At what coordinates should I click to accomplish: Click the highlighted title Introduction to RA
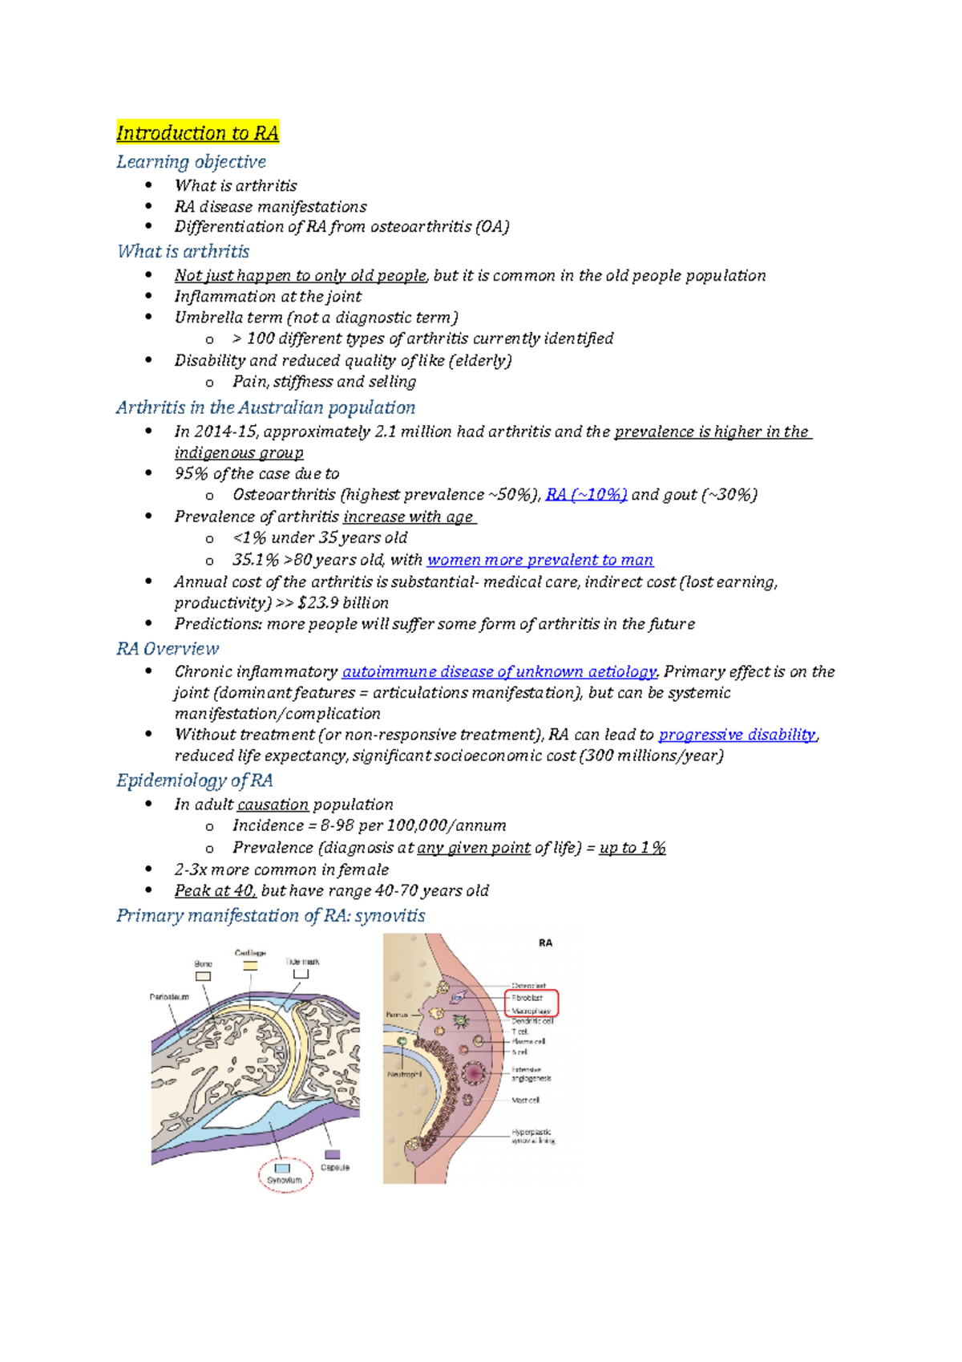[x=197, y=133]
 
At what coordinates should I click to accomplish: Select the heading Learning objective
[x=191, y=162]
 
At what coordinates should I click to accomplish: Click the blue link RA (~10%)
[x=586, y=495]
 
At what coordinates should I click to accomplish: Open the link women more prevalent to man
[x=540, y=560]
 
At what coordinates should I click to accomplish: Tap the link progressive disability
[x=737, y=735]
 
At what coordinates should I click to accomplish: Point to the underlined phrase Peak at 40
[x=215, y=891]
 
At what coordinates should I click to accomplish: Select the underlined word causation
[x=273, y=805]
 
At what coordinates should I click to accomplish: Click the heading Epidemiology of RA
[x=194, y=780]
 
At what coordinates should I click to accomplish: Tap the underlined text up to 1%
[x=632, y=848]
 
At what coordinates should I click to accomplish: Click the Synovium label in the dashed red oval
[x=285, y=1180]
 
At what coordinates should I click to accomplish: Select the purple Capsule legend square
[x=330, y=1154]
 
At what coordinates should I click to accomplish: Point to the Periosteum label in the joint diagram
[x=169, y=997]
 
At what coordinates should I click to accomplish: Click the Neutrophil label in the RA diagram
[x=404, y=1074]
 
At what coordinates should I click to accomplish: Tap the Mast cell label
[x=526, y=1101]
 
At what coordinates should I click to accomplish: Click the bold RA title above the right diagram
[x=545, y=943]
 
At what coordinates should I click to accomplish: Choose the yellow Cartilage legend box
[x=250, y=967]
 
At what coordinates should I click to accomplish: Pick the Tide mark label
[x=302, y=962]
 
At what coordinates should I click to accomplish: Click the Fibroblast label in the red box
[x=527, y=998]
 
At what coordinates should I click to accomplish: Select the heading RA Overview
[x=168, y=649]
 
